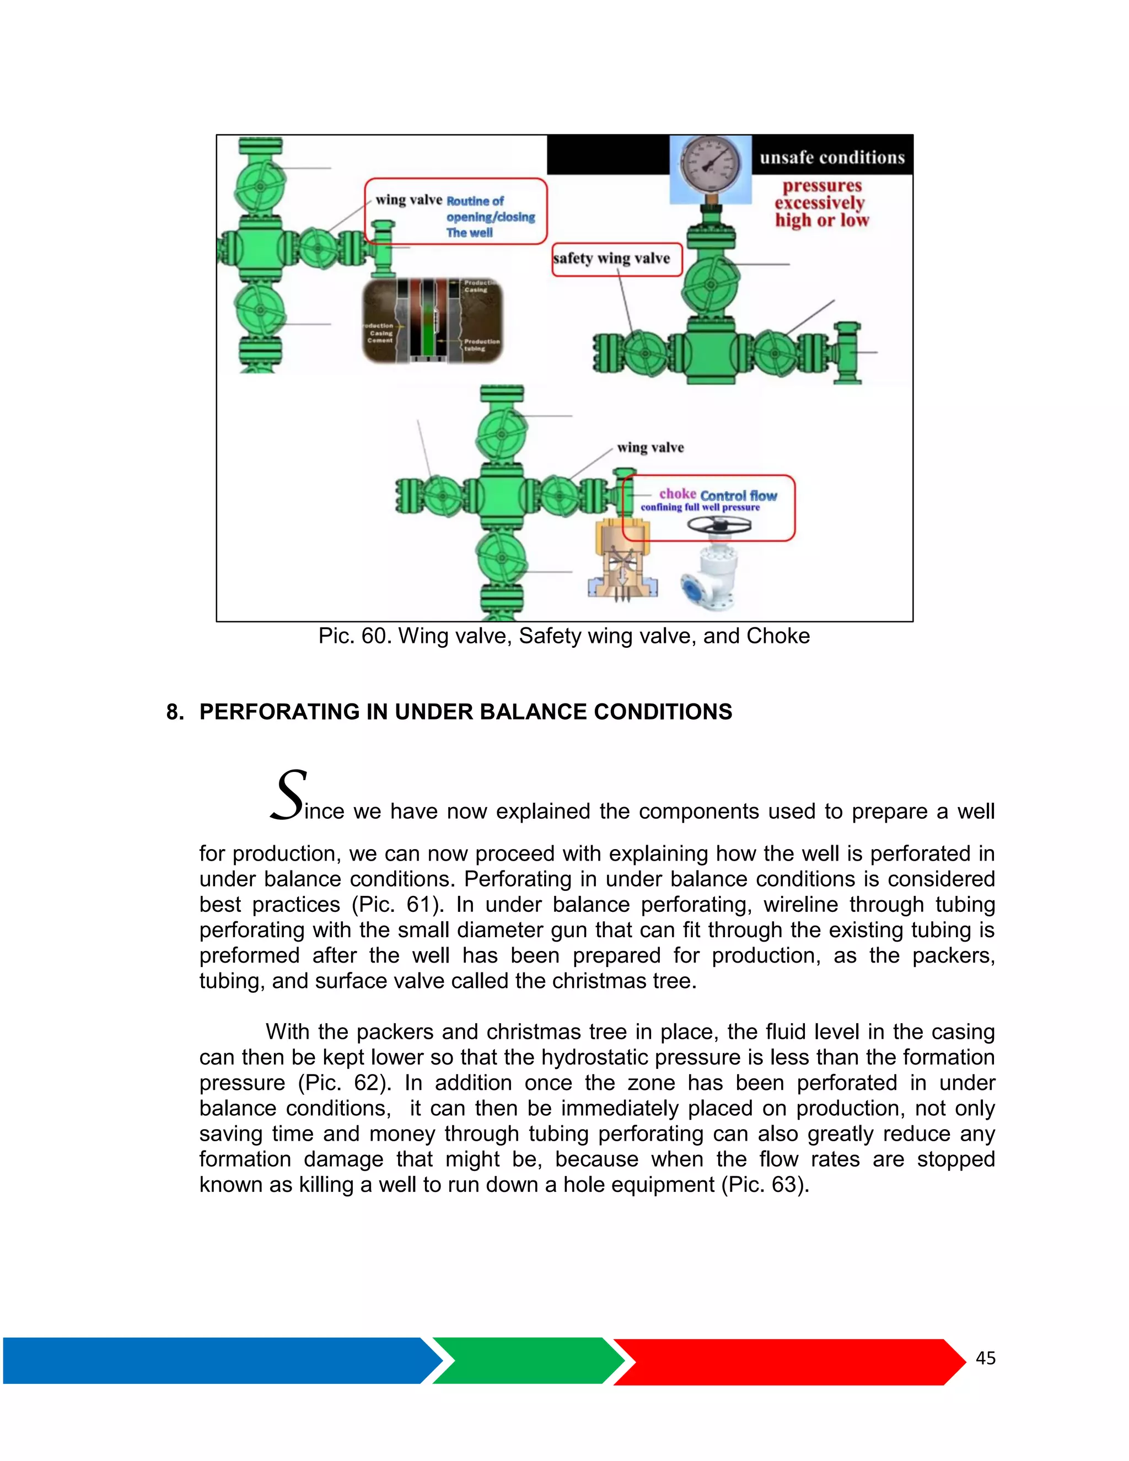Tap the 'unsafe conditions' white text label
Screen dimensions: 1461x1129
(832, 158)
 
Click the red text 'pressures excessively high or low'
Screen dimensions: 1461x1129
(822, 203)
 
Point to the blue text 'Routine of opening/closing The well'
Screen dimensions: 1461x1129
(490, 217)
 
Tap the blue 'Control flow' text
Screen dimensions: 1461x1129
(739, 496)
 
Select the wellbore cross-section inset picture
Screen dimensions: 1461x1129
(432, 321)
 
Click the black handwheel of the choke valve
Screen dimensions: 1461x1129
(718, 524)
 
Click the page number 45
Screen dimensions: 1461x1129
(985, 1358)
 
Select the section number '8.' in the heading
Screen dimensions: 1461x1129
(175, 712)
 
